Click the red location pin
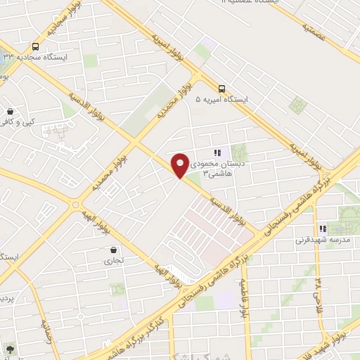pyautogui.click(x=181, y=165)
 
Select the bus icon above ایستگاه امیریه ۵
pyautogui.click(x=221, y=89)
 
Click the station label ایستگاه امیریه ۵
pyautogui.click(x=224, y=101)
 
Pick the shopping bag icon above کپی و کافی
pyautogui.click(x=10, y=111)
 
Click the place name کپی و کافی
pyautogui.click(x=17, y=122)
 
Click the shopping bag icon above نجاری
pyautogui.click(x=114, y=250)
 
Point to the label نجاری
pyautogui.click(x=113, y=261)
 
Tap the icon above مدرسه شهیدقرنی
pyautogui.click(x=323, y=229)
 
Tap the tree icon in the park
pyautogui.click(x=9, y=349)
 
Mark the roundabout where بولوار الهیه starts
pyautogui.click(x=75, y=204)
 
